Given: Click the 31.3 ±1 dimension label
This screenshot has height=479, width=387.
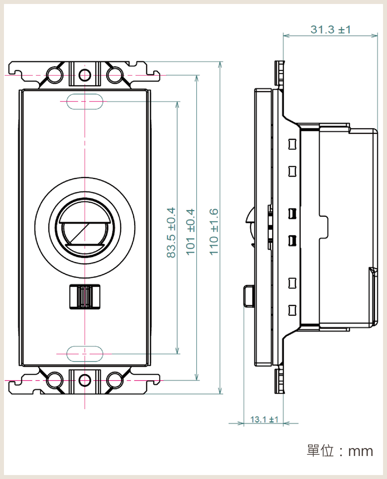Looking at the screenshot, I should tap(330, 29).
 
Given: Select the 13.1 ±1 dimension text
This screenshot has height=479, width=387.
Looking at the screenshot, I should tap(264, 419).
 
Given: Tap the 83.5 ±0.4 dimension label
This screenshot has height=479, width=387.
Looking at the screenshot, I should tap(171, 233).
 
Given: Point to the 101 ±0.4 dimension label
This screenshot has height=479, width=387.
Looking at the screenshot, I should tap(191, 233).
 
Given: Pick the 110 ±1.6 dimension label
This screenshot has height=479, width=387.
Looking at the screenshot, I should tap(214, 233).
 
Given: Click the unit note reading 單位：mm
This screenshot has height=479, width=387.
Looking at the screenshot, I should tap(340, 451).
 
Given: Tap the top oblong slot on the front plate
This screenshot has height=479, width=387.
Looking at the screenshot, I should tap(84, 101).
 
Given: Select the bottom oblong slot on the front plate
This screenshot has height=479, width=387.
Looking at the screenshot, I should tap(84, 354).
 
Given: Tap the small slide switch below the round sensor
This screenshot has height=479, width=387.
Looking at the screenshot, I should tap(84, 297).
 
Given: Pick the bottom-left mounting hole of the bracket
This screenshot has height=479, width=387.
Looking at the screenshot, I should tap(55, 380).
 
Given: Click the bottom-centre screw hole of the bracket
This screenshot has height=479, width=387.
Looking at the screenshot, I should tap(84, 380).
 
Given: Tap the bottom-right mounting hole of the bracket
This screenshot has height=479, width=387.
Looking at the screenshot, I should tap(114, 380).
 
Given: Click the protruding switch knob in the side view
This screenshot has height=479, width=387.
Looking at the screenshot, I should tap(248, 296).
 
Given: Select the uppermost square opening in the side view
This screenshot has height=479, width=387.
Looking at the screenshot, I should tap(292, 143).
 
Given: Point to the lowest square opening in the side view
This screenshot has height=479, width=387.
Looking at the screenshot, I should tap(292, 310).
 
